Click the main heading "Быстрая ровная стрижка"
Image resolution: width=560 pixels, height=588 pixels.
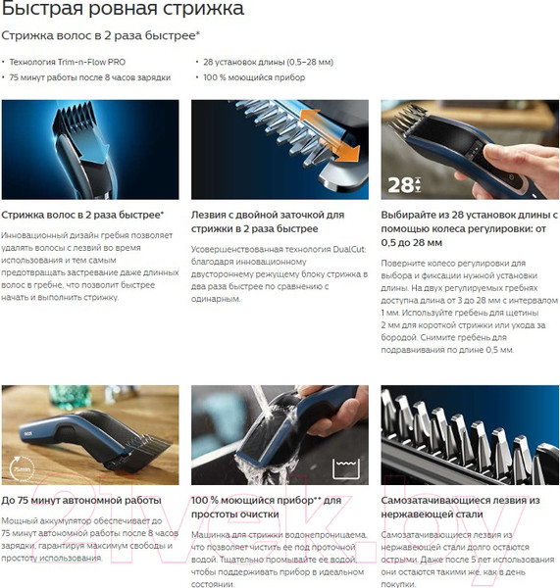(x=123, y=8)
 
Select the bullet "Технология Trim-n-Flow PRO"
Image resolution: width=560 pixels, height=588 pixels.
(x=68, y=63)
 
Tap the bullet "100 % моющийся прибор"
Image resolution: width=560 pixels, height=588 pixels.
(x=254, y=77)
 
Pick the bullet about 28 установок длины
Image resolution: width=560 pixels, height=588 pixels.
(x=269, y=63)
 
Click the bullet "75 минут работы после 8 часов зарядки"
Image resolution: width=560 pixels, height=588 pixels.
(x=90, y=77)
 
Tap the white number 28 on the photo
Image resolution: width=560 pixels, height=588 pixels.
(x=400, y=185)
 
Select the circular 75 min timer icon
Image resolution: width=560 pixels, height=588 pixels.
(x=22, y=468)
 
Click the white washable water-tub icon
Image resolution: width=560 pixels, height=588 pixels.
(x=346, y=468)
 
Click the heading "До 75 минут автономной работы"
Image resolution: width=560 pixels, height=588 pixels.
(x=81, y=500)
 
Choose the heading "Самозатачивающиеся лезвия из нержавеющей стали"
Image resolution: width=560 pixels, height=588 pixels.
(x=461, y=507)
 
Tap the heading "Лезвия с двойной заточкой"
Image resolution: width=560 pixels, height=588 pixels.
(x=268, y=215)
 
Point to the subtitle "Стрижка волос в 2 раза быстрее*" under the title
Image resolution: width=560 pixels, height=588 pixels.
(x=101, y=35)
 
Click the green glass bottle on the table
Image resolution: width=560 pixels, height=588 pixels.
(x=71, y=396)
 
